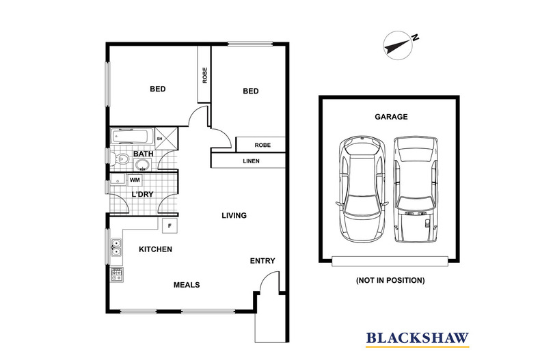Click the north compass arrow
click(x=396, y=43)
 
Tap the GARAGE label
click(x=391, y=117)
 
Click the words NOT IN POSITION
click(x=390, y=280)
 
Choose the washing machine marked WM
click(x=135, y=180)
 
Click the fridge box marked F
click(x=169, y=224)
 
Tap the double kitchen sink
click(x=116, y=247)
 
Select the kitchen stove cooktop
click(x=116, y=275)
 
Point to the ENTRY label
click(x=262, y=261)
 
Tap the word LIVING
click(x=234, y=216)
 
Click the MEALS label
click(x=187, y=285)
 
